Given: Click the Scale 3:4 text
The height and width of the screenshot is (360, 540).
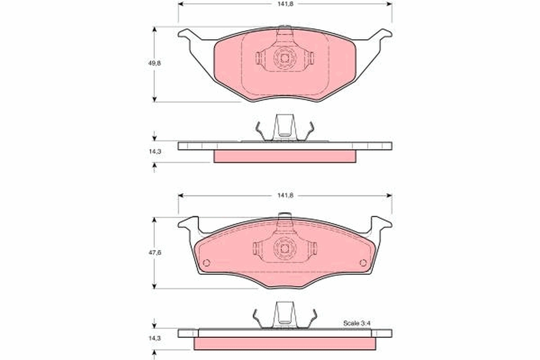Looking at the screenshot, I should point(356,323).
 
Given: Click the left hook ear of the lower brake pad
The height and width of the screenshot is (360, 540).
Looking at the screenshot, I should point(189,223).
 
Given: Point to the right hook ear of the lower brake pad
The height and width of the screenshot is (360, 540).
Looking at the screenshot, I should point(381,223).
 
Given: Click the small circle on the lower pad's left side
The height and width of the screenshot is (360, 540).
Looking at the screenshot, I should point(207,263).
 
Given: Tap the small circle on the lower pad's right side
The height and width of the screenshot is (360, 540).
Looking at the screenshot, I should point(363,263).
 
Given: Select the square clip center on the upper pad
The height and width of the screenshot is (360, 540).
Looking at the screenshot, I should point(284,58).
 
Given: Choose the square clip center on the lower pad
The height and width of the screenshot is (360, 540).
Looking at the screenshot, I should point(284,247).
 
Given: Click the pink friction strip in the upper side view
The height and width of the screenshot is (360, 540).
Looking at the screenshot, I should point(284,156).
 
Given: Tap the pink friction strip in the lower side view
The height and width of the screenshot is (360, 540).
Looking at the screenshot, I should point(284,343).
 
